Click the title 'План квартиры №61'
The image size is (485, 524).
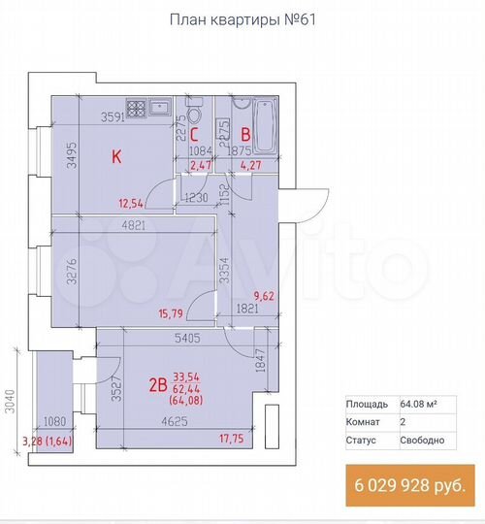click(242, 19)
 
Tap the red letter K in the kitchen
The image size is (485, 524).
click(115, 156)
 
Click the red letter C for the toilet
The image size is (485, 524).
click(194, 136)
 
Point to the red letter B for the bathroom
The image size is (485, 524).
click(246, 136)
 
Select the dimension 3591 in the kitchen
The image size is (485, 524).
click(116, 118)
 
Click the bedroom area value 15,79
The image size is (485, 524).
click(157, 313)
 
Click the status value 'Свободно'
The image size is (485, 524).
click(422, 440)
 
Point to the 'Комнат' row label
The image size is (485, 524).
click(364, 422)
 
